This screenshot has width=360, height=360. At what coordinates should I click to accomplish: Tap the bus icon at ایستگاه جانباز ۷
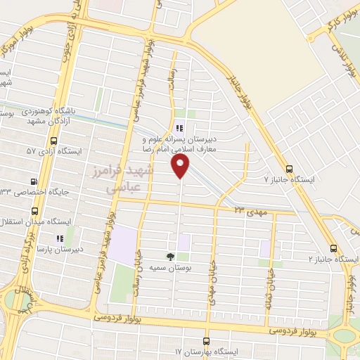290,169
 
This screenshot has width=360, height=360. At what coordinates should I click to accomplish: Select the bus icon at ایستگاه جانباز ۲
333,248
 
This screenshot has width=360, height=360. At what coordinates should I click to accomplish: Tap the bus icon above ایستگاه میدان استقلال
34,211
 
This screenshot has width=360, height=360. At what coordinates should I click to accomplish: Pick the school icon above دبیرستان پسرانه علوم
180,129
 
